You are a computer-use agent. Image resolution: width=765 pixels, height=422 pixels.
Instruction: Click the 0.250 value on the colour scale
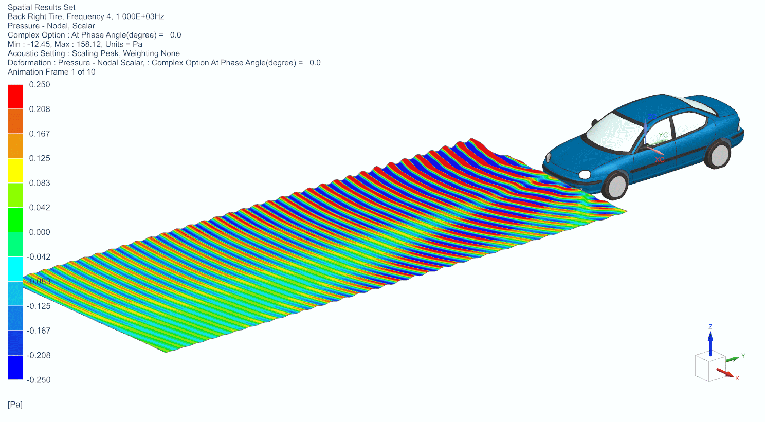(x=40, y=85)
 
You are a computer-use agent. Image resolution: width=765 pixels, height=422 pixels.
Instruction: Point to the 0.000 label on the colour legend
(x=40, y=232)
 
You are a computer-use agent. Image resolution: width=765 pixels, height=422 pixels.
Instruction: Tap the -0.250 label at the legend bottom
(x=39, y=380)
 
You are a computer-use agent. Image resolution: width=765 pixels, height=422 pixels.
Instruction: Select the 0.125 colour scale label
(x=40, y=158)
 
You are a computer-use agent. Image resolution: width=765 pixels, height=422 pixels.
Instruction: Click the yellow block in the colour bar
(x=15, y=170)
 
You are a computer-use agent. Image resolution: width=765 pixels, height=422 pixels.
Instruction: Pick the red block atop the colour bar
(x=15, y=97)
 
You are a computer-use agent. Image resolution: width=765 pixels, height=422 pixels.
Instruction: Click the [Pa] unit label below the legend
(x=15, y=405)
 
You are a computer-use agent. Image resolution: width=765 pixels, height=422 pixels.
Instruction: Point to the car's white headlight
(x=585, y=174)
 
